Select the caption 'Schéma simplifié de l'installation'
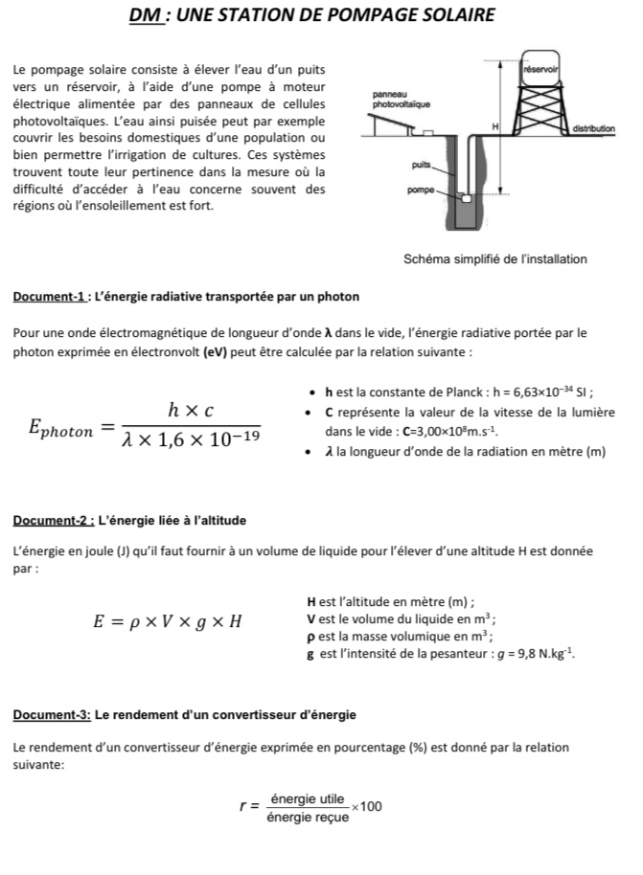[x=495, y=259]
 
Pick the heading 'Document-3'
[x=52, y=715]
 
